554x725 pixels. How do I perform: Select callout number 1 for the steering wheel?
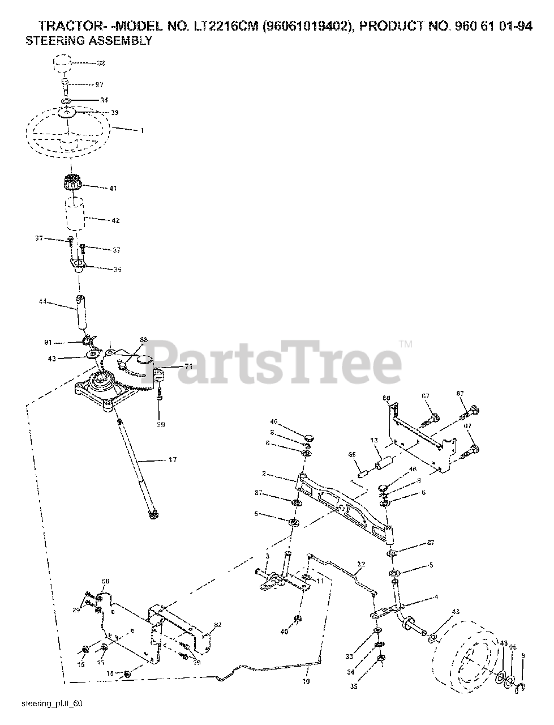pyautogui.click(x=142, y=131)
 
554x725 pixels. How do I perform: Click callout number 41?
pyautogui.click(x=113, y=188)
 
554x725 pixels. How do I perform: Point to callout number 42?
pyautogui.click(x=115, y=220)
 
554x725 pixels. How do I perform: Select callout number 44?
pyautogui.click(x=42, y=302)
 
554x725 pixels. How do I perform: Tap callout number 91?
pyautogui.click(x=48, y=343)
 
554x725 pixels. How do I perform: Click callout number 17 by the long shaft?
pyautogui.click(x=173, y=460)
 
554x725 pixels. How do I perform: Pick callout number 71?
pyautogui.click(x=189, y=366)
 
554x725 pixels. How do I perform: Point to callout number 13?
pyautogui.click(x=373, y=440)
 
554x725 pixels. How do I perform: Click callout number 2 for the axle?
pyautogui.click(x=264, y=473)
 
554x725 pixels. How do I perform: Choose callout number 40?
pyautogui.click(x=284, y=631)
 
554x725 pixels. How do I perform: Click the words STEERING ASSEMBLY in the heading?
pyautogui.click(x=89, y=41)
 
